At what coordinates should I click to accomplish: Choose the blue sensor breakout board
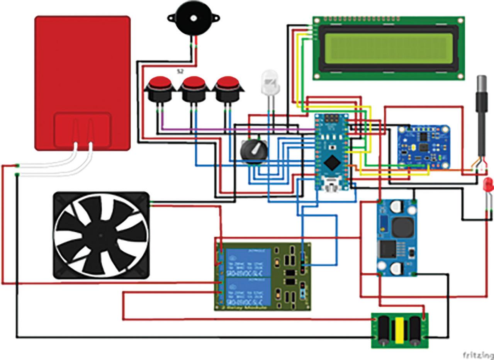424,145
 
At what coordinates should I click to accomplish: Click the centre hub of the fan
101,235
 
